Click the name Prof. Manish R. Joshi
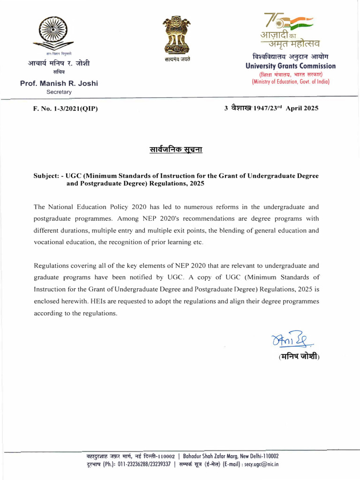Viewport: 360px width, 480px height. point(59,83)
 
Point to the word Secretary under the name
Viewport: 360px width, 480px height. point(59,92)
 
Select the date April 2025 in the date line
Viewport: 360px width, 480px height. point(302,108)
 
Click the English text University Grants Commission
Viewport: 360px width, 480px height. point(291,66)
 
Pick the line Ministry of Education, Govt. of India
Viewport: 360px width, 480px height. point(291,82)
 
